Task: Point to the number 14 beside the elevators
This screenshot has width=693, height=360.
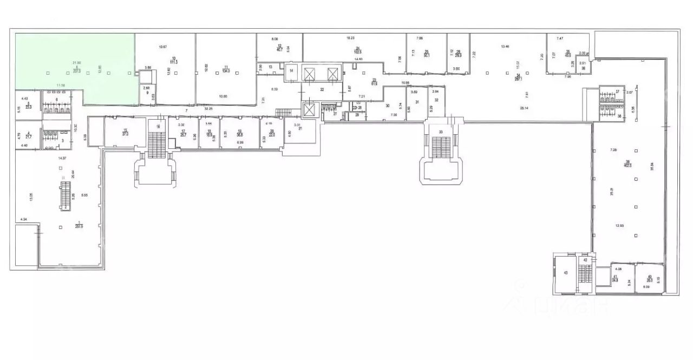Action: pos(291,71)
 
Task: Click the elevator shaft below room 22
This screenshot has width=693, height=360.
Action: pos(310,110)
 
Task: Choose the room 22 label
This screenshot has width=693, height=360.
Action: pos(322,89)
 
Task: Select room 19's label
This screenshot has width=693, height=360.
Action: pos(239,130)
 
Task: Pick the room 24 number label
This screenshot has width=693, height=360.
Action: pos(358,48)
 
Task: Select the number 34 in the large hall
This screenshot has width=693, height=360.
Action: pos(518,75)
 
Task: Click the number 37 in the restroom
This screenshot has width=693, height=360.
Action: pos(617,91)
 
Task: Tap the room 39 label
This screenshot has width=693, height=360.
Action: pos(627,162)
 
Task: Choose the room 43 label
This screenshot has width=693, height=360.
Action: pos(566,273)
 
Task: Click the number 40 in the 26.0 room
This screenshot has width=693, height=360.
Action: pos(649,277)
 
